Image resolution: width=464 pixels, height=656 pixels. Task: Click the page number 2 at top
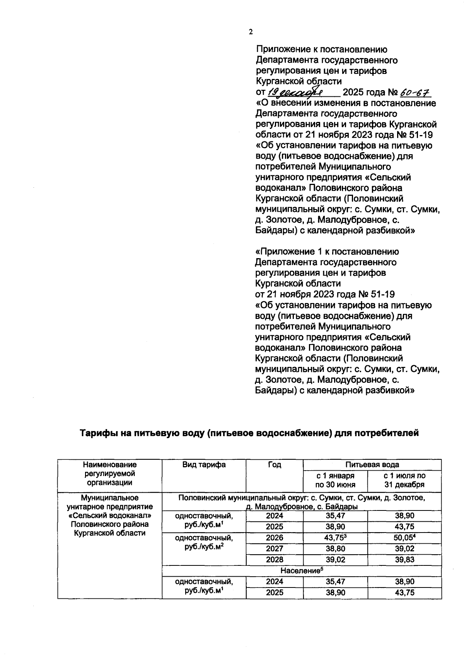pos(251,32)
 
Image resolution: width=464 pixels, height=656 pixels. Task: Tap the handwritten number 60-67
pos(415,92)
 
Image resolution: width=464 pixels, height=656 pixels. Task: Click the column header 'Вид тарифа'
pos(204,465)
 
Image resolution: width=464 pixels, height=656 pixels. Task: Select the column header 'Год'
pos(275,465)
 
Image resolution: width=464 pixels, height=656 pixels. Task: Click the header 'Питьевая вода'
pos(372,464)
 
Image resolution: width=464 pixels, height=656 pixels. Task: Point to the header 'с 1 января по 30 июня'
pos(335,480)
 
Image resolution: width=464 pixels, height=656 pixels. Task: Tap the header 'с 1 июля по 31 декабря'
pos(404,480)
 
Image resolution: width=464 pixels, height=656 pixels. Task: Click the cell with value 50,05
pos(404,538)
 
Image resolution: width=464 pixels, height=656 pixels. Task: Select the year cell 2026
pos(275,538)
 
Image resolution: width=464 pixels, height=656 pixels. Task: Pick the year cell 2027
pos(275,548)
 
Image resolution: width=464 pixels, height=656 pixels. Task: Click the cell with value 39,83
pos(404,560)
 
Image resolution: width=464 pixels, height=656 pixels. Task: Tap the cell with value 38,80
pos(335,548)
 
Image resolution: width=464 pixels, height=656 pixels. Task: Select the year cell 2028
pos(275,560)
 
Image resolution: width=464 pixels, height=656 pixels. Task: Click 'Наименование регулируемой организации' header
pos(110,473)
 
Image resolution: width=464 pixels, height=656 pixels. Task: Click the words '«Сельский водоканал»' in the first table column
pos(110,516)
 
